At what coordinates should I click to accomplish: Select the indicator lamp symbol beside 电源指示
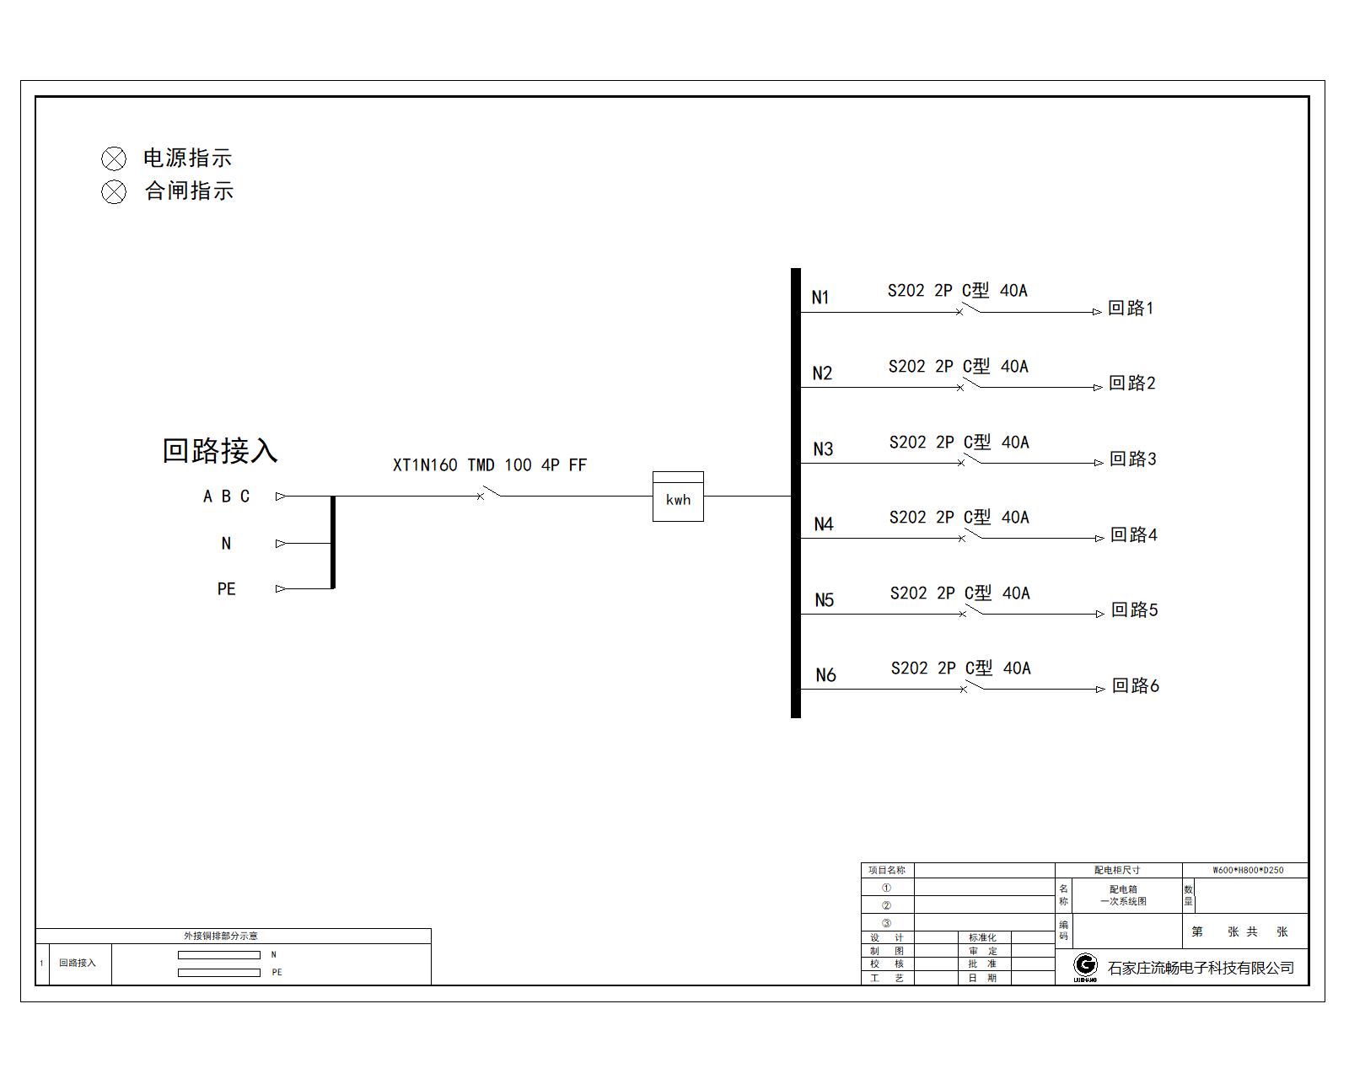coord(114,158)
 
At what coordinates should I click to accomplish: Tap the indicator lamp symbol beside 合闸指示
coord(114,192)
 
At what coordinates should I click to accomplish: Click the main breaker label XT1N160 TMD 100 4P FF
coord(490,465)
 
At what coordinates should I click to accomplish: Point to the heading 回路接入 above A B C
coord(220,450)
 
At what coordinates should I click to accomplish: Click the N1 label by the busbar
coord(820,298)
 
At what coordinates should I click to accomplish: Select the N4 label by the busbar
coord(823,524)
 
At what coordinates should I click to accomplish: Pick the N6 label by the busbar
coord(825,675)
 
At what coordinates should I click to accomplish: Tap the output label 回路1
coord(1131,308)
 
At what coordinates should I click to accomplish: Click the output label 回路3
coord(1132,459)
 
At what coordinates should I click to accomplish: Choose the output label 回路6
coord(1135,685)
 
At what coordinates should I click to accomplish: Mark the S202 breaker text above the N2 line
coord(959,366)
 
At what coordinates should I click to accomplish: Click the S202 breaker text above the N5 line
coord(960,593)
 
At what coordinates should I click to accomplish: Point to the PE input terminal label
coord(226,589)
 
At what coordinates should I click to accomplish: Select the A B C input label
coord(226,497)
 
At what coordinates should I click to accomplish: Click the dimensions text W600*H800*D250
coord(1248,870)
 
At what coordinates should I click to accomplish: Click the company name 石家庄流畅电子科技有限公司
coord(1201,968)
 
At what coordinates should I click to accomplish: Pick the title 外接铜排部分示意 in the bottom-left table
coord(221,936)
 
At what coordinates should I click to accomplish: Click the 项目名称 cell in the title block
coord(887,870)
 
